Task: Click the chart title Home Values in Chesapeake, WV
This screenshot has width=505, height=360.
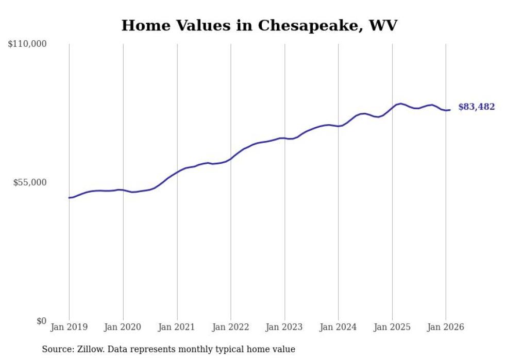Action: click(x=259, y=25)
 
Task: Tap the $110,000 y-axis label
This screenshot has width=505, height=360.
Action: click(x=27, y=44)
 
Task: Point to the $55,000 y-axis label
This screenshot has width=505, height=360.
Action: click(x=29, y=182)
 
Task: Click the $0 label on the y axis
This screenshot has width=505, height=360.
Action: click(x=42, y=321)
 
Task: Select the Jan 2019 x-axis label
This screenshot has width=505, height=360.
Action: click(x=69, y=327)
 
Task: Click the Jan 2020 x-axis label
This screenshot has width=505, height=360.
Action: click(x=123, y=327)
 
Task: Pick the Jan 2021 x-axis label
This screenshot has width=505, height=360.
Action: click(x=177, y=327)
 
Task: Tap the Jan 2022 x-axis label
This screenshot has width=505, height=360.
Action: click(x=231, y=327)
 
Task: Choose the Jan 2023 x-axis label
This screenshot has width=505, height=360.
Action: click(x=284, y=327)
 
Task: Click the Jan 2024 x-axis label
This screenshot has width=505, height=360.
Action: click(x=338, y=327)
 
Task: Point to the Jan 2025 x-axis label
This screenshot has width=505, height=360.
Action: click(x=392, y=327)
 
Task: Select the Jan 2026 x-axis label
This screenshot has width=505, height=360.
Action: click(x=446, y=327)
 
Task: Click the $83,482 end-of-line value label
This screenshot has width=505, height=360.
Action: click(x=476, y=107)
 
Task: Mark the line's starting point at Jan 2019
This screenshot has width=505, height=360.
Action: click(x=69, y=197)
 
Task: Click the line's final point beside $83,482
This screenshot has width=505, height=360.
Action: click(x=450, y=110)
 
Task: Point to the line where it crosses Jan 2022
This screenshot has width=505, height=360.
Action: click(x=231, y=159)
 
